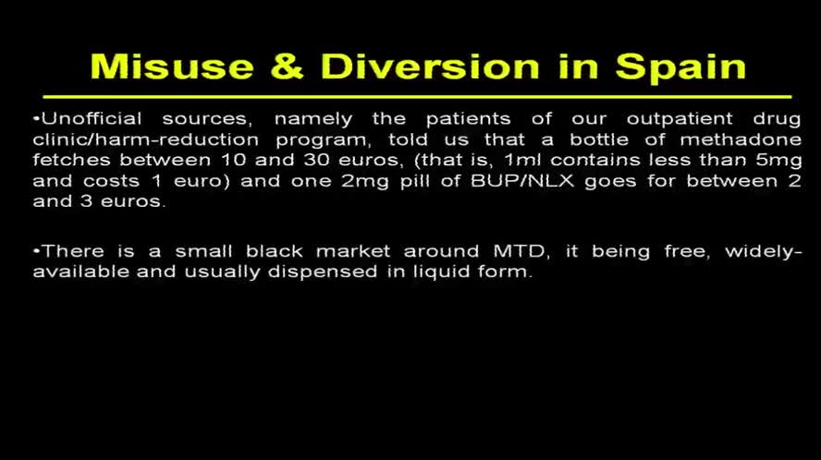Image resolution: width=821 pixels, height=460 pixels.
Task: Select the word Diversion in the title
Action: pyautogui.click(x=430, y=67)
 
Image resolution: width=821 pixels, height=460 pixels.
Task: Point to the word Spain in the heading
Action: pyautogui.click(x=680, y=67)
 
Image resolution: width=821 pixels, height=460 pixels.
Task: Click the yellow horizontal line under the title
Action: pyautogui.click(x=416, y=96)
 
